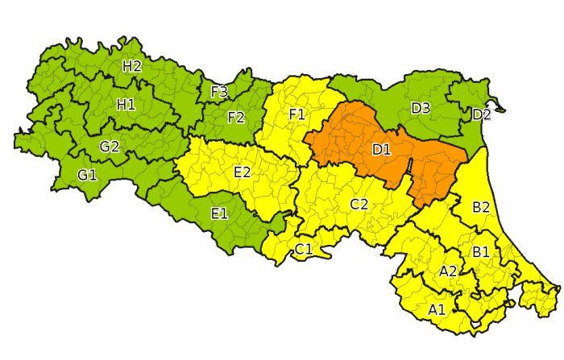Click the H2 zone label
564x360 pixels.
132,66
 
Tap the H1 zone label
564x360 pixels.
126,104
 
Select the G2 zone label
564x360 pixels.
110,147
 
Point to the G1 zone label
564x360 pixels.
87,174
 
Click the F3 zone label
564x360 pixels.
219,92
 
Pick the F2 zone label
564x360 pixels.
235,118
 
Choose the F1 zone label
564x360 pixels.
297,114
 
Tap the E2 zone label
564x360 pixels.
242,172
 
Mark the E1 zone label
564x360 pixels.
219,213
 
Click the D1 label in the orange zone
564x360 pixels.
381,149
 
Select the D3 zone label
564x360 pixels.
420,108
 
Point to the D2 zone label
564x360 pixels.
481,114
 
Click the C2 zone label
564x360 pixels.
359,204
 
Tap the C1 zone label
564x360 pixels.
303,249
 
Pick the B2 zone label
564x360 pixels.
481,207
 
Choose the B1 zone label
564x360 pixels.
480,251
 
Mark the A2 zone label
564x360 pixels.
448,271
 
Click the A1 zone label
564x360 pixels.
436,308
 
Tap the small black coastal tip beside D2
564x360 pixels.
501,106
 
